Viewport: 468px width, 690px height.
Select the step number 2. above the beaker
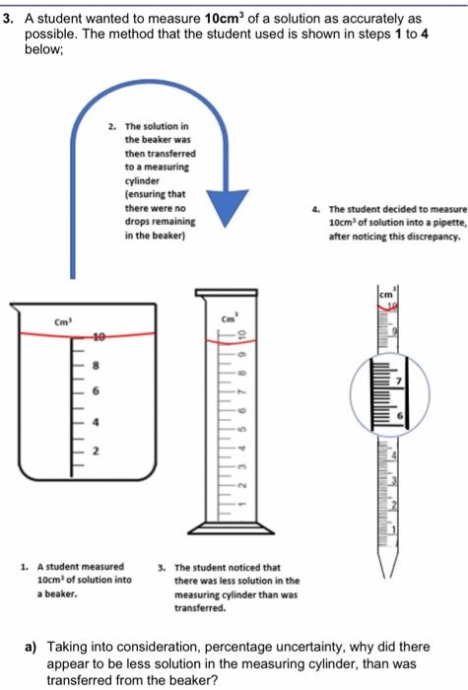(x=114, y=128)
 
